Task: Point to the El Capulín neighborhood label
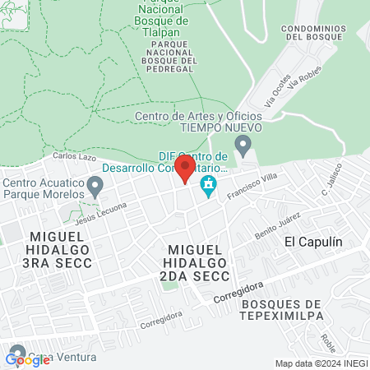pyautogui.click(x=312, y=242)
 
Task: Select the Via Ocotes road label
pyautogui.click(x=278, y=95)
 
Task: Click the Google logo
pyautogui.click(x=27, y=359)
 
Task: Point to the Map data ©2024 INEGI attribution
pyautogui.click(x=320, y=363)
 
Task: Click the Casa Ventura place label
pyautogui.click(x=69, y=357)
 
